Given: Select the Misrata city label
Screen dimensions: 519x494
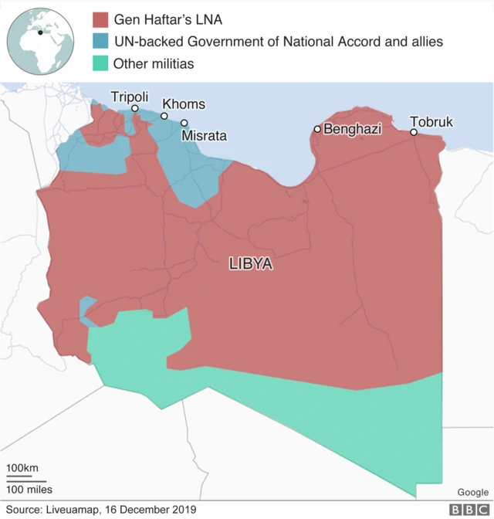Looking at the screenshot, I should click(204, 135).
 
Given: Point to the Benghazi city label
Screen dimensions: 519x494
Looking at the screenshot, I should click(352, 129).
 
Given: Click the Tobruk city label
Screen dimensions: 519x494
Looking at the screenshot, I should click(431, 122).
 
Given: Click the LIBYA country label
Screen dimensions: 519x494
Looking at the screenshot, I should click(251, 263).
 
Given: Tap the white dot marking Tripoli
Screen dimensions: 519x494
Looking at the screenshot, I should click(134, 109).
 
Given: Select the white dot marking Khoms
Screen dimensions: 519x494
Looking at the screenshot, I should click(164, 117).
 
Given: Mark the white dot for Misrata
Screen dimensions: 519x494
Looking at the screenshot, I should click(184, 123).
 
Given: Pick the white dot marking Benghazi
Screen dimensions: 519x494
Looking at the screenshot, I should click(317, 129).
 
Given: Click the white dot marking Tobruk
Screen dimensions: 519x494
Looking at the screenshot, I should click(414, 132).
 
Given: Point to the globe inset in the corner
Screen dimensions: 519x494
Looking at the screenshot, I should click(40, 38).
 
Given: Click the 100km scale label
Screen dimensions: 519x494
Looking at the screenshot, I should click(22, 468).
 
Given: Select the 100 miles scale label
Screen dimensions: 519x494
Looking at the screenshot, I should click(29, 489).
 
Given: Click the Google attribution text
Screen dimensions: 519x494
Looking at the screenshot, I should click(472, 492).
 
